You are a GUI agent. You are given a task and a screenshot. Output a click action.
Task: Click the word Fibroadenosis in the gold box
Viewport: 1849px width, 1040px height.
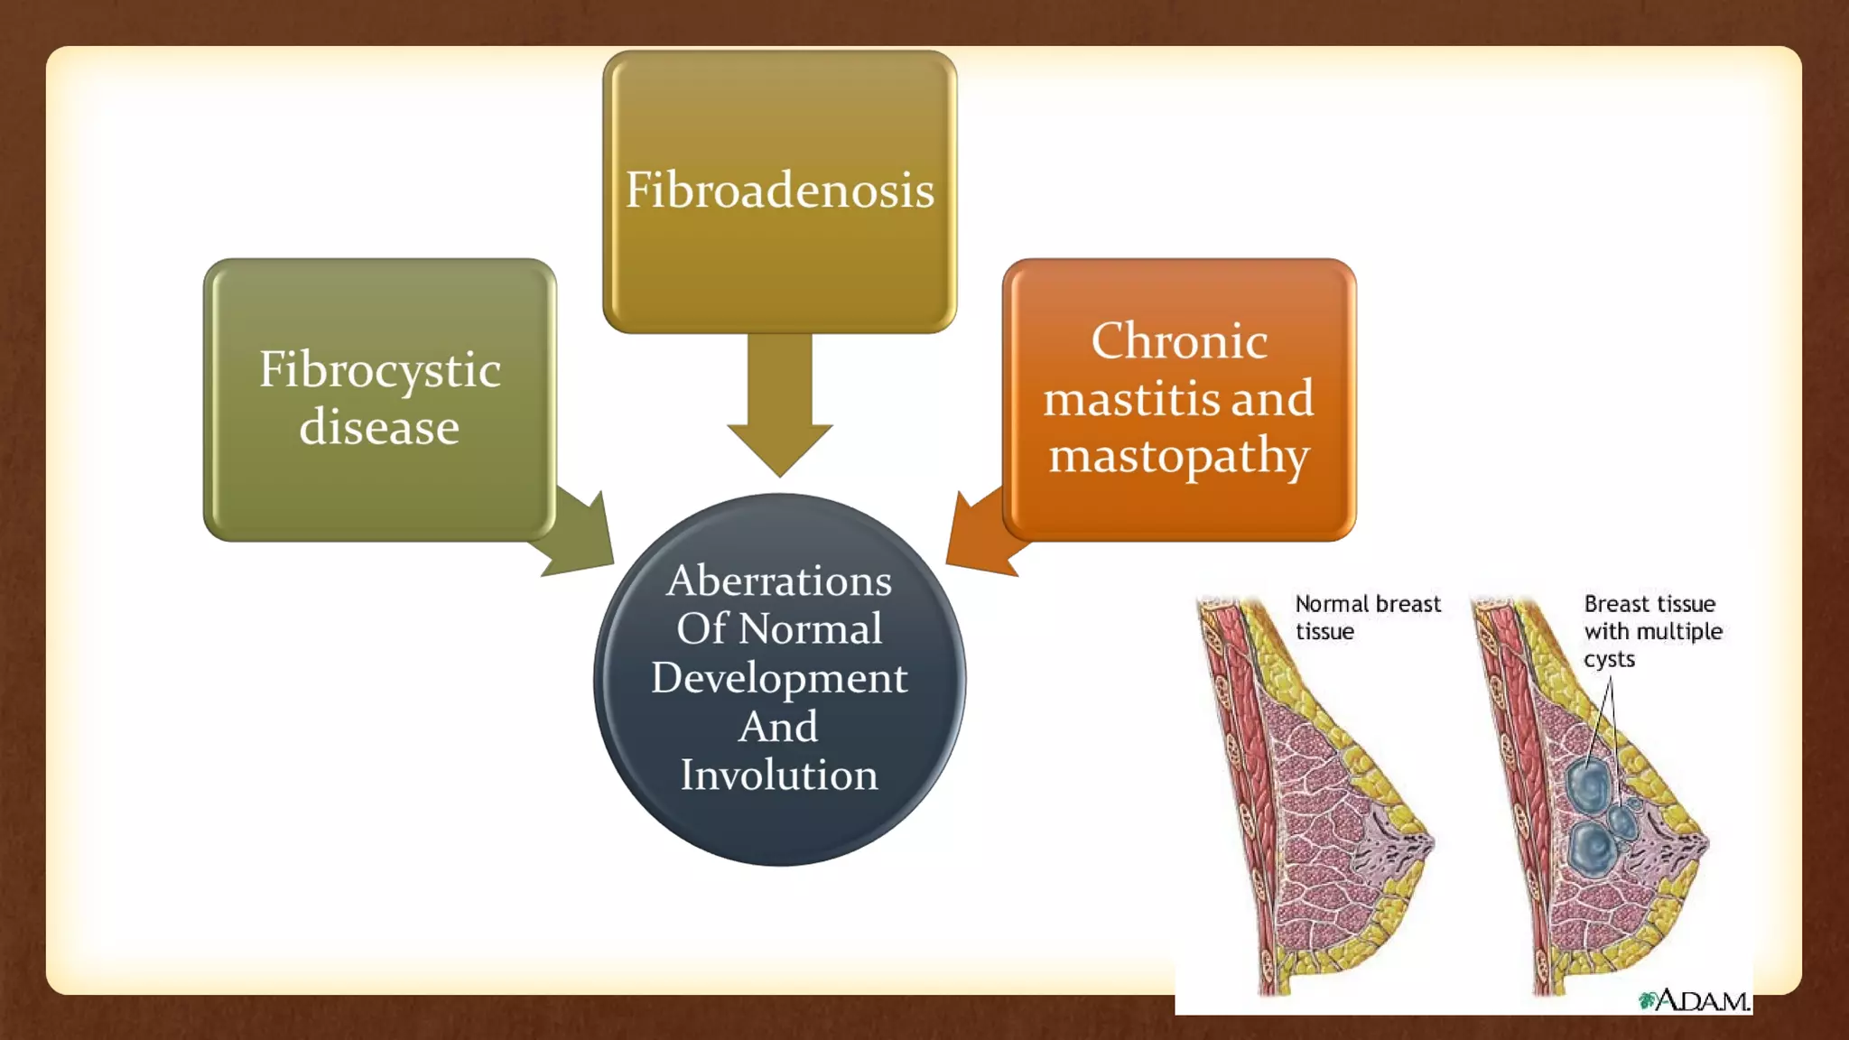pos(779,190)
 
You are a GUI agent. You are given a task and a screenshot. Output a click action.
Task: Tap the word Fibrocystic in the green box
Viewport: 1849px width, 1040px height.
pos(379,370)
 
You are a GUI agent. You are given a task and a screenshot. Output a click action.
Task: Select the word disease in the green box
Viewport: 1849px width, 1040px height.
pos(379,427)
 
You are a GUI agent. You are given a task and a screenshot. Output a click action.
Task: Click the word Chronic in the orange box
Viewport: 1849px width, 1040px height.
pos(1178,341)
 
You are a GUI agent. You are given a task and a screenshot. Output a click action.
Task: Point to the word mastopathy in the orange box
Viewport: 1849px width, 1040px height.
pos(1178,456)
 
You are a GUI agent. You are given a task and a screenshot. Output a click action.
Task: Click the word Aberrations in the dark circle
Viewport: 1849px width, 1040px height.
pos(779,580)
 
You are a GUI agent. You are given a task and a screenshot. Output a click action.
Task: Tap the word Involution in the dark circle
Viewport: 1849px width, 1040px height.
pos(779,775)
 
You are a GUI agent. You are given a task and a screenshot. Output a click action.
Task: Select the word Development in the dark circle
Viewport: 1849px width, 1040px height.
pos(779,678)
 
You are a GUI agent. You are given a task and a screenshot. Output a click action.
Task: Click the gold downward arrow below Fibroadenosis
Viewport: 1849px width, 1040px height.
pos(779,406)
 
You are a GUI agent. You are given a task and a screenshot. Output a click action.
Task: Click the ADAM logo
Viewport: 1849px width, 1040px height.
pos(1695,1000)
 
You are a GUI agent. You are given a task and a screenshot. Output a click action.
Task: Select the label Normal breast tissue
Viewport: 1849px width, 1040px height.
pos(1367,617)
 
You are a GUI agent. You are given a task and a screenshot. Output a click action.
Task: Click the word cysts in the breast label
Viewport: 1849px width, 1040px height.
pos(1609,659)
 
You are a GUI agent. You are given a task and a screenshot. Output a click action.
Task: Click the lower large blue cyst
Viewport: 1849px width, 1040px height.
pos(1591,847)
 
